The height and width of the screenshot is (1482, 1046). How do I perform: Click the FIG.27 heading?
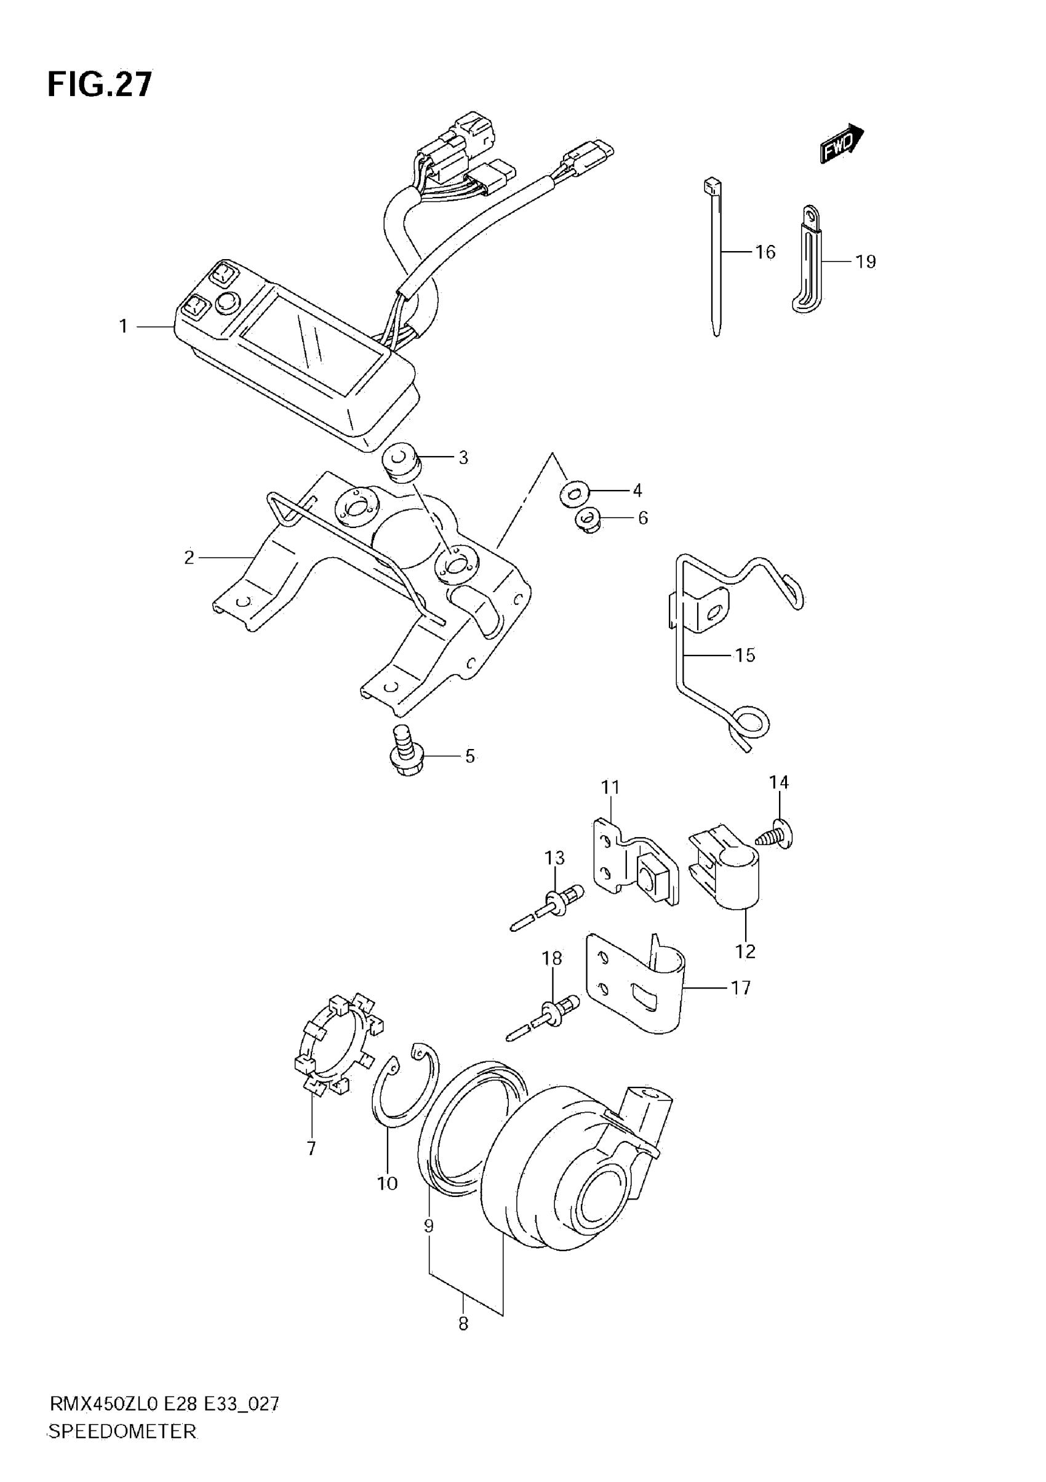(100, 84)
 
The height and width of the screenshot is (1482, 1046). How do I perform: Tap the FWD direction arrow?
(842, 143)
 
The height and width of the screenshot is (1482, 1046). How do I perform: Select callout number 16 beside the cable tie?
(765, 252)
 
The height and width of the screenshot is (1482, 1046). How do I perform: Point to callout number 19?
(865, 262)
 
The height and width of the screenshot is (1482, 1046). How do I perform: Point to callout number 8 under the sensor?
(463, 1324)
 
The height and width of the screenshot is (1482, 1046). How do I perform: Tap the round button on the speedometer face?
(226, 302)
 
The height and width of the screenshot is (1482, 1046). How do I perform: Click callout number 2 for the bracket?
(188, 557)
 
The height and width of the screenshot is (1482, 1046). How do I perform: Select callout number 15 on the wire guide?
(745, 655)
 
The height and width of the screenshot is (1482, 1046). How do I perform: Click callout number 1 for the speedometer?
(123, 327)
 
